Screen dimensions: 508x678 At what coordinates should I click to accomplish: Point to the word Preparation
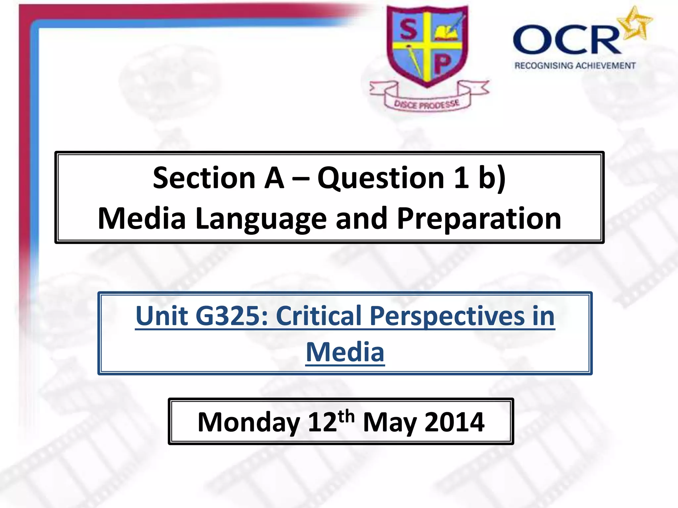pos(479,219)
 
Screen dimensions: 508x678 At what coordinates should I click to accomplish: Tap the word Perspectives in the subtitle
pos(447,316)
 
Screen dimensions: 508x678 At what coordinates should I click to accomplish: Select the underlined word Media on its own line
pos(345,352)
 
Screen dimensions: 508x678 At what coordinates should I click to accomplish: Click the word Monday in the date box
pos(249,422)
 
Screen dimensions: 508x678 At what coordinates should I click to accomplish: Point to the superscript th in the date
pos(346,416)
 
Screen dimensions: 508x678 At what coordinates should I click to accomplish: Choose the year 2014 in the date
pos(454,422)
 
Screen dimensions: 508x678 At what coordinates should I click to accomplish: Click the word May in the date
pos(390,423)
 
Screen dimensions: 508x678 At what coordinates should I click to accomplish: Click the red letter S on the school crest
pos(408,29)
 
